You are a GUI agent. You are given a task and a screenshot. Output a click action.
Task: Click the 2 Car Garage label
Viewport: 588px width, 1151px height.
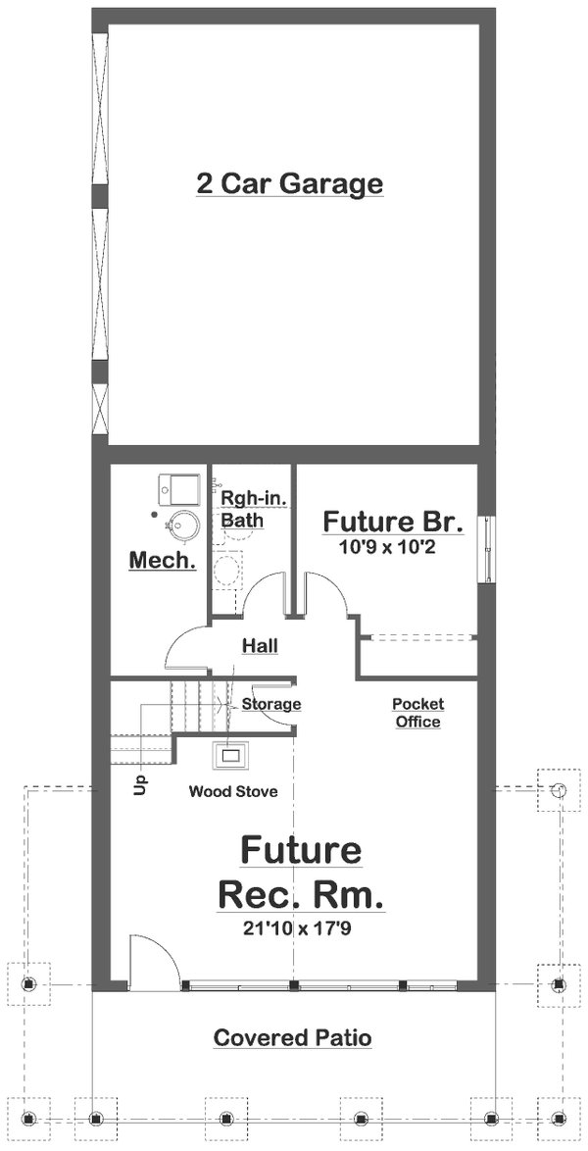click(289, 183)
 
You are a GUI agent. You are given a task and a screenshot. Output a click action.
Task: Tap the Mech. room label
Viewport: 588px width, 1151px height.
click(163, 562)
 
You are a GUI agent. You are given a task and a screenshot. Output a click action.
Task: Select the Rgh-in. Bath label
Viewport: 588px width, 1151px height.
click(241, 510)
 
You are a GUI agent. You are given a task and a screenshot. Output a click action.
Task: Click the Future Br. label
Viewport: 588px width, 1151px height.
click(393, 521)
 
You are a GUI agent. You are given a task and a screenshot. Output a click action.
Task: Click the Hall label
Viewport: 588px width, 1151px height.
click(261, 645)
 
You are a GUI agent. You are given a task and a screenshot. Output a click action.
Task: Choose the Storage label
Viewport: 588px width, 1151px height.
click(271, 704)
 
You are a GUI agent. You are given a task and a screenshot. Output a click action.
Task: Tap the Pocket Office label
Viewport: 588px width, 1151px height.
click(417, 713)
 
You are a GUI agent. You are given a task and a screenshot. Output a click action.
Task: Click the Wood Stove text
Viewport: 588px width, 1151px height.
click(234, 791)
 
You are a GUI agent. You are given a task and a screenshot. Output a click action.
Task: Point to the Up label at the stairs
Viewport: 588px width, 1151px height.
click(138, 784)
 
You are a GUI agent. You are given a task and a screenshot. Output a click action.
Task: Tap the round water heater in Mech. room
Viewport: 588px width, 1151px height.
click(179, 527)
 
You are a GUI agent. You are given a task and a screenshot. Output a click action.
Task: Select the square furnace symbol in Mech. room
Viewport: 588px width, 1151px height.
click(179, 487)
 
